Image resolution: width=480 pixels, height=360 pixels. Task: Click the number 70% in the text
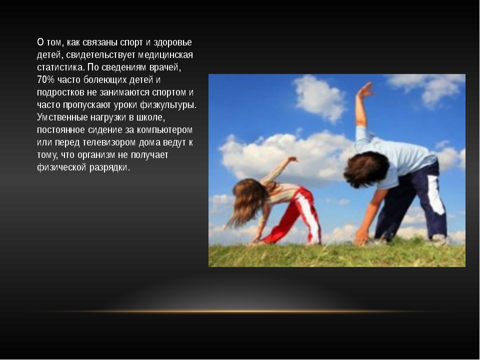pyautogui.click(x=45, y=79)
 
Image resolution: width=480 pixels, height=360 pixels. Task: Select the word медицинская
pyautogui.click(x=165, y=55)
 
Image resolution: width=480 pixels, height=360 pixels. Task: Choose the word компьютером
pyautogui.click(x=164, y=130)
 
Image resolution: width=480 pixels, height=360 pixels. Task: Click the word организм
pyautogui.click(x=96, y=155)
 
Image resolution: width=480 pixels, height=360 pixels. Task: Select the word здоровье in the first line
pyautogui.click(x=172, y=42)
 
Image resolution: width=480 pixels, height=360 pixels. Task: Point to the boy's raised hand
pyautogui.click(x=365, y=90)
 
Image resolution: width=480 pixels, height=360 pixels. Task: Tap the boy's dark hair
pyautogui.click(x=366, y=169)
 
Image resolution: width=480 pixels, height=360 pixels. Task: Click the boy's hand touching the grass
pyautogui.click(x=362, y=236)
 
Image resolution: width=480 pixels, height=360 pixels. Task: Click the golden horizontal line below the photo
pyautogui.click(x=240, y=311)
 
